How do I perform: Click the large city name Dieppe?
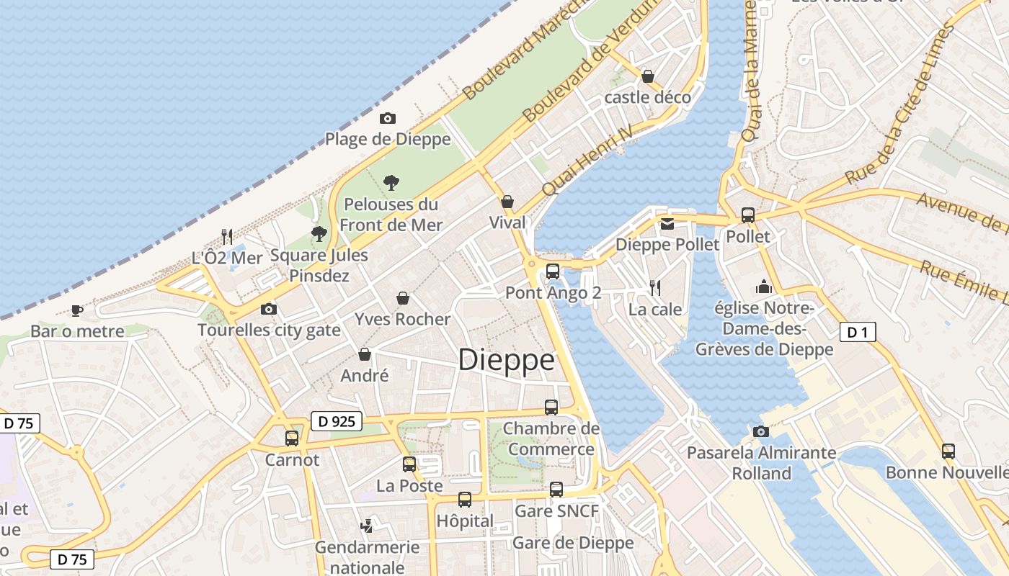pos(507,360)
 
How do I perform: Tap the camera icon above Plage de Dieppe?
pos(388,118)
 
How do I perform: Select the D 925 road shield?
pos(336,421)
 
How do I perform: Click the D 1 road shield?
pos(858,332)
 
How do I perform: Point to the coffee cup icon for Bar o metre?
pos(76,310)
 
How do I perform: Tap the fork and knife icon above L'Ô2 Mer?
pos(227,236)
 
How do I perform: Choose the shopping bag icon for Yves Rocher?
pos(403,297)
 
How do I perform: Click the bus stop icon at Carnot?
pos(292,438)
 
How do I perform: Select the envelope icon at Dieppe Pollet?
pos(667,223)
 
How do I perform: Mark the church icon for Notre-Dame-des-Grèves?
pos(764,287)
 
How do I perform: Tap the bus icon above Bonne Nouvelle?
pos(948,451)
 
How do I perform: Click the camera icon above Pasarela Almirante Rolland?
pos(761,431)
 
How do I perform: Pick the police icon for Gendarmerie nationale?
pos(367,526)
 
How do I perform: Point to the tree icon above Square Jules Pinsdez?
pos(319,233)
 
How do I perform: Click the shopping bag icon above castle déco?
pos(648,76)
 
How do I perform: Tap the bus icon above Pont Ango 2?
pos(553,271)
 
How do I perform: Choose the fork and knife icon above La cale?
pos(655,288)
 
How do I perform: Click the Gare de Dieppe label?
pos(573,543)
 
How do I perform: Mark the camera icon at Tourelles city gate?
pos(269,309)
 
